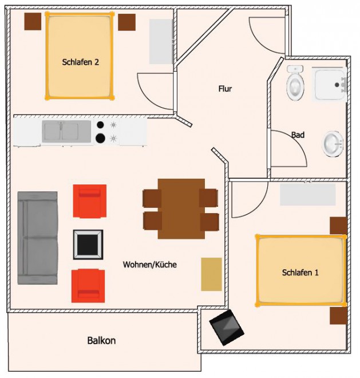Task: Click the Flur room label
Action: coord(225,89)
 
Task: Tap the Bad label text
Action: coord(298,135)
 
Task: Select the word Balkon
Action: coord(101,340)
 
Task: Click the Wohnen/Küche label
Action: coord(149,265)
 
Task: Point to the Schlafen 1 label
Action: coord(300,273)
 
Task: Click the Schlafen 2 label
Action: coord(81,62)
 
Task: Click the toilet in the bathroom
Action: coord(295,82)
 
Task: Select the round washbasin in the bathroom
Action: coord(333,144)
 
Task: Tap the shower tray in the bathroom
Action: coord(329,84)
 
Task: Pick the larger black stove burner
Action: coord(100,139)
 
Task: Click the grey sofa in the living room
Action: coord(38,238)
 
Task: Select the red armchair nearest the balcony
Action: coord(88,286)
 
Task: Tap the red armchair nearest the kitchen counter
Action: coord(90,201)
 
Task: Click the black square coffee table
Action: coord(88,244)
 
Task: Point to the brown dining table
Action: coord(181,209)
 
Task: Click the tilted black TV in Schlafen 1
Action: coord(227,328)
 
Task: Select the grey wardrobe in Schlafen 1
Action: coord(308,194)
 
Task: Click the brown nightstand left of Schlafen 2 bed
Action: coord(33,21)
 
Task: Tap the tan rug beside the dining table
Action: coord(211,274)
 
